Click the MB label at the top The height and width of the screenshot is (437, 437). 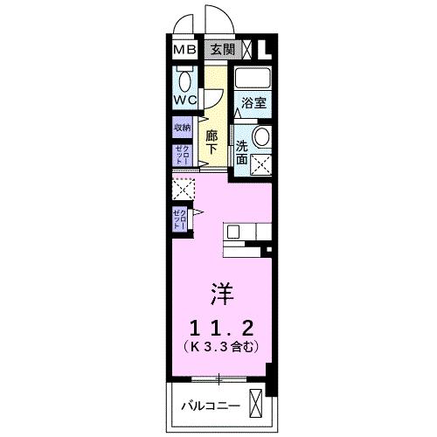tap(184, 50)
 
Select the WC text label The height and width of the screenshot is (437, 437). tap(184, 100)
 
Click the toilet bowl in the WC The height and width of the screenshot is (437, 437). tap(184, 81)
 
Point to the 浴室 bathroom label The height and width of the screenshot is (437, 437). tap(253, 101)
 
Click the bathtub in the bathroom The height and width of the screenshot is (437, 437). tap(253, 77)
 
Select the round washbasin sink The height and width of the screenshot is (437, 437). tap(260, 136)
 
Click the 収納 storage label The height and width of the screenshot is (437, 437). tap(182, 128)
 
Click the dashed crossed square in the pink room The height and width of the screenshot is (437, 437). tap(184, 188)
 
